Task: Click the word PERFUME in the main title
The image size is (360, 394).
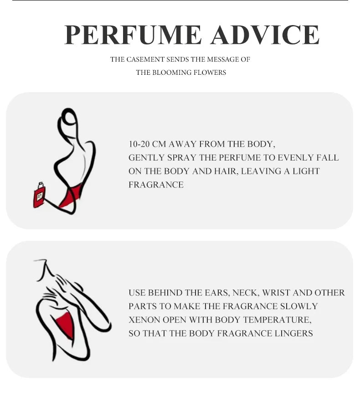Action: tap(133, 35)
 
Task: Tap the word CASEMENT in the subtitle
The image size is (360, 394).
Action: tap(144, 59)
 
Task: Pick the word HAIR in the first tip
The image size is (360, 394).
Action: tap(225, 171)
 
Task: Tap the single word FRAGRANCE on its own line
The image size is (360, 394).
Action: tap(156, 185)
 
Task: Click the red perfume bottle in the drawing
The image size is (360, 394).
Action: tap(39, 195)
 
